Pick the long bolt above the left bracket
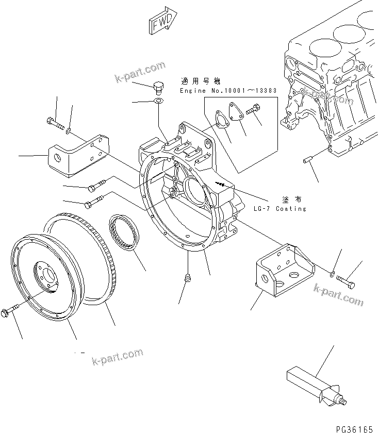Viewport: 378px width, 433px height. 54,123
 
